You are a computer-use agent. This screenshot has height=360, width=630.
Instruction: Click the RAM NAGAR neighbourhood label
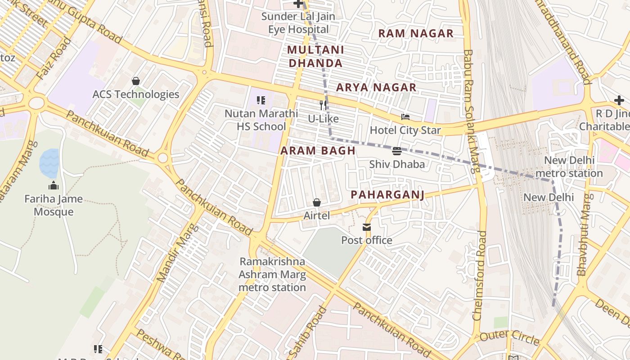tap(415, 33)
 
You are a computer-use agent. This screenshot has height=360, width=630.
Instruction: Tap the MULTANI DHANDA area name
tap(315, 56)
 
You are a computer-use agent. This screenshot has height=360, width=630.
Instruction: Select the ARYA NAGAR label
tap(376, 87)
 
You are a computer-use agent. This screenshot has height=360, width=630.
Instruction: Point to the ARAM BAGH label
tap(318, 151)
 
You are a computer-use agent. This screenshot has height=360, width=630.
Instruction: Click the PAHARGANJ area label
tap(387, 194)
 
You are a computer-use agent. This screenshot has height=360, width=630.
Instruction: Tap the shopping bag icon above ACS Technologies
tap(135, 81)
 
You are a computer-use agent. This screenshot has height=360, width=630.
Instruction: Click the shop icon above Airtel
tap(317, 202)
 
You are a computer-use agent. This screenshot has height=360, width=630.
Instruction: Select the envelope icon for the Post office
tap(367, 227)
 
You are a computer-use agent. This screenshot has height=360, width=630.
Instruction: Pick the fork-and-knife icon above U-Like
tap(323, 105)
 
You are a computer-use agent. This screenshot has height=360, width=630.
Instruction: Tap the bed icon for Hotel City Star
tap(405, 117)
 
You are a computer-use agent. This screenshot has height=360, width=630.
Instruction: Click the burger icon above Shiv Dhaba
tap(396, 151)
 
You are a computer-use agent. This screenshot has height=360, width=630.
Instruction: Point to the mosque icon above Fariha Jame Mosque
tap(54, 185)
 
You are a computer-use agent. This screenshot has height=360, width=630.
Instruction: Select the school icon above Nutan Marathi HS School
tap(261, 100)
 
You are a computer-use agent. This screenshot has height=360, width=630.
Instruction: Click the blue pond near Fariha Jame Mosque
tap(49, 163)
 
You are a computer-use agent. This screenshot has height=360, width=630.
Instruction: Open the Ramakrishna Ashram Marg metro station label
tap(272, 274)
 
